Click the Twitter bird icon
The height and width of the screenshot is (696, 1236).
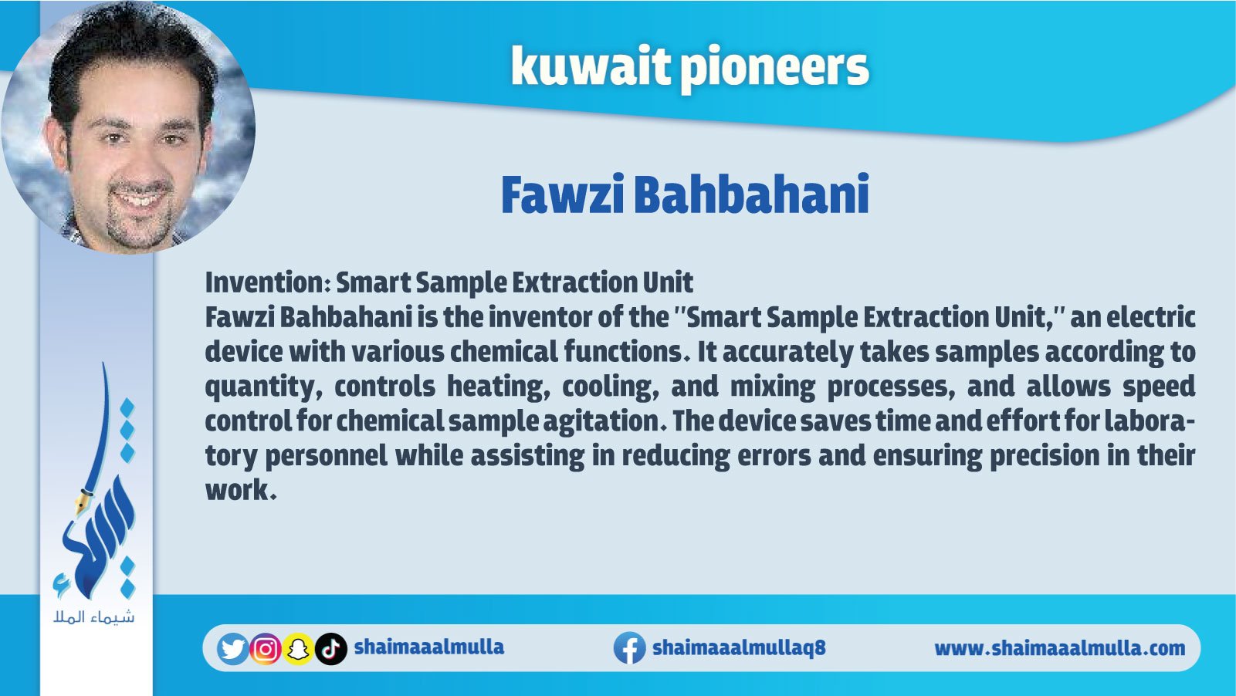(x=233, y=649)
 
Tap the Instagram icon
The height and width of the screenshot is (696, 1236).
(x=266, y=649)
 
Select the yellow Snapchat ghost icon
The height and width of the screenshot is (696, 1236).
(x=298, y=649)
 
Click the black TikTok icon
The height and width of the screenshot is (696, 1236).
(x=331, y=649)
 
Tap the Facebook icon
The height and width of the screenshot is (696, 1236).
(x=630, y=648)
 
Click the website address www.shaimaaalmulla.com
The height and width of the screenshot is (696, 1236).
(x=1060, y=648)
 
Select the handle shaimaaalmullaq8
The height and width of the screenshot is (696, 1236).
(x=739, y=647)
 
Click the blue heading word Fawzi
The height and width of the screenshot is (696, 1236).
(x=562, y=194)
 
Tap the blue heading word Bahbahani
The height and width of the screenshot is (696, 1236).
(x=751, y=194)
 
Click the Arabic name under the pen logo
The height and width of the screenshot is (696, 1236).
(x=94, y=617)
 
